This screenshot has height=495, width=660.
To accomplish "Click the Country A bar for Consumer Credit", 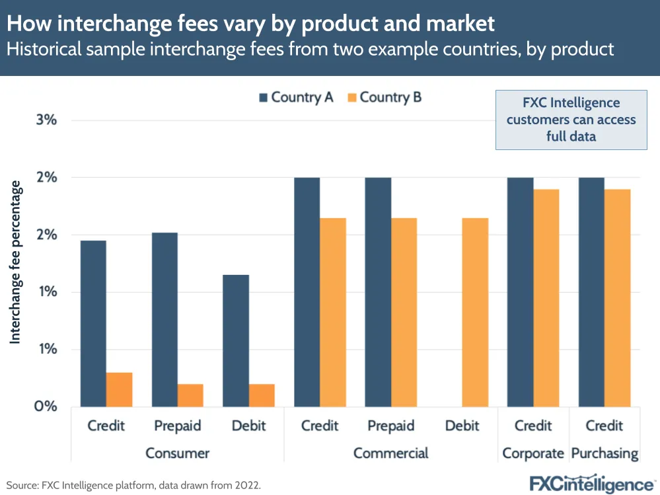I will pyautogui.click(x=93, y=323).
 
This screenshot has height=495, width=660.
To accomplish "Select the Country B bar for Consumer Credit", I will pyautogui.click(x=119, y=389).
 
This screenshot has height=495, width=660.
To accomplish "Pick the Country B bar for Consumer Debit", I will pyautogui.click(x=262, y=395).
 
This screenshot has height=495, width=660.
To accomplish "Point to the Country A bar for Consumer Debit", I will pyautogui.click(x=236, y=340).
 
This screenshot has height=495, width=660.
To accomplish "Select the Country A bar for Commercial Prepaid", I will pyautogui.click(x=378, y=291).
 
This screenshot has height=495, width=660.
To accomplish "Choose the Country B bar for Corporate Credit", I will pyautogui.click(x=546, y=297).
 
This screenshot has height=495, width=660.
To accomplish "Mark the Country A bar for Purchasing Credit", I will pyautogui.click(x=591, y=291).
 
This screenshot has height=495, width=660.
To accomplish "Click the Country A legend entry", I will pyautogui.click(x=295, y=97).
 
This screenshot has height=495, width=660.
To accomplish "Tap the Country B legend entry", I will pyautogui.click(x=383, y=97).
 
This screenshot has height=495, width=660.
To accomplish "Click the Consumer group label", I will pyautogui.click(x=177, y=453).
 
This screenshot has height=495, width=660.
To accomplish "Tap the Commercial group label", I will pyautogui.click(x=390, y=453).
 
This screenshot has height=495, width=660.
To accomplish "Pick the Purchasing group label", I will pyautogui.click(x=605, y=453).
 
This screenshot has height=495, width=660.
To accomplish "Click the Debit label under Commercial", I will pyautogui.click(x=462, y=425).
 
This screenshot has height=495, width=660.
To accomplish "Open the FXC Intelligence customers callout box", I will pyautogui.click(x=571, y=120).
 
